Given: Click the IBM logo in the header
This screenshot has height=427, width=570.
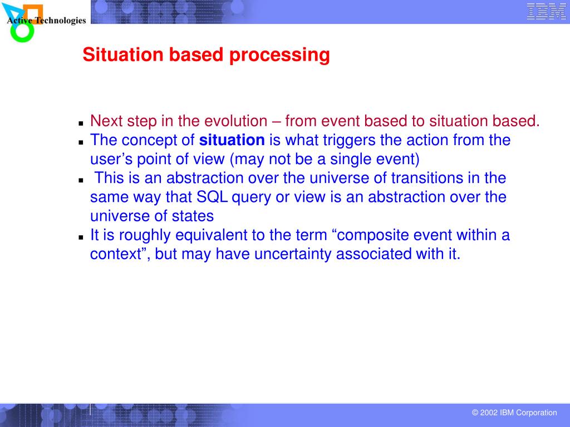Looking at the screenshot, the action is (547, 11).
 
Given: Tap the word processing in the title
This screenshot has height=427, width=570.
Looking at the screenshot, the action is (279, 55).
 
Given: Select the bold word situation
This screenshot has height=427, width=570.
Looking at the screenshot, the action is (232, 140).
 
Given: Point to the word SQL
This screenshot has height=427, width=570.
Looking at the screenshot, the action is (212, 197).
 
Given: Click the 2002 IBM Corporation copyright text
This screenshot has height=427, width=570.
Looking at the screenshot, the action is (514, 413).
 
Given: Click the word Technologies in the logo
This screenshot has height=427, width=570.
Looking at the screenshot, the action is (60, 21).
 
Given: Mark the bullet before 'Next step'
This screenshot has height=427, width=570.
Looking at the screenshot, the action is (81, 123).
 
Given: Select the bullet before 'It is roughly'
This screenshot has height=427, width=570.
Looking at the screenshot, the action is (81, 237).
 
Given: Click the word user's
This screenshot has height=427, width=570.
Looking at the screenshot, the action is (111, 159).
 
